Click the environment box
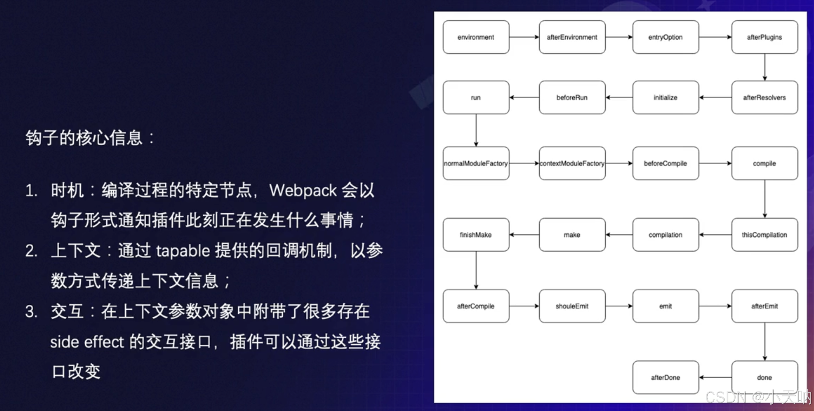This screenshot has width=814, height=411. tap(475, 37)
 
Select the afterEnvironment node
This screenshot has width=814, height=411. tap(572, 37)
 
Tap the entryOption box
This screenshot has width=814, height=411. tap(665, 37)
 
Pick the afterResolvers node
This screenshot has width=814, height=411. tap(765, 97)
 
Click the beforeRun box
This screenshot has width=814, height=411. tap(572, 97)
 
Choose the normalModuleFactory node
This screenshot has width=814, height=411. tap(475, 164)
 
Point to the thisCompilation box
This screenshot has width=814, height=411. tap(765, 235)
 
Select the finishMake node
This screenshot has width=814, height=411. tap(475, 235)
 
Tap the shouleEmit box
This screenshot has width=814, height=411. tap(572, 306)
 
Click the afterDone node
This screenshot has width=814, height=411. tap(665, 377)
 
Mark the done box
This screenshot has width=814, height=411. tap(765, 377)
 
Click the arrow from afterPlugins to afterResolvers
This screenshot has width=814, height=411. tap(765, 67)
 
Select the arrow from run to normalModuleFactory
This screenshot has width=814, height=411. tap(476, 130)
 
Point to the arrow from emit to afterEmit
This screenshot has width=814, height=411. tap(715, 306)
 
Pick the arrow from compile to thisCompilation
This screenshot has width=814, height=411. tap(765, 199)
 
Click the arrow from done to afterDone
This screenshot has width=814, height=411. tap(715, 377)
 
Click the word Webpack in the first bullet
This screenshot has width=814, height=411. tap(303, 191)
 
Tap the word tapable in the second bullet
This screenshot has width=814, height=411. tap(183, 251)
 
